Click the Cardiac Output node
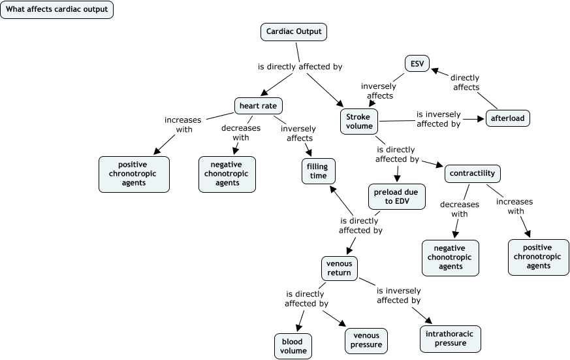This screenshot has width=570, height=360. (294, 31)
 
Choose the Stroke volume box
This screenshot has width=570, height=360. (359, 122)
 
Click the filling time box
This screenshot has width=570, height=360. (318, 171)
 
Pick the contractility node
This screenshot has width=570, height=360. (473, 174)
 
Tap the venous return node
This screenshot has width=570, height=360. (339, 268)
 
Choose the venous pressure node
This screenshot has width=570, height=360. (366, 340)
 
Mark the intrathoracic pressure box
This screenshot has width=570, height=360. (451, 338)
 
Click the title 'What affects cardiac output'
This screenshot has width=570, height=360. (57, 10)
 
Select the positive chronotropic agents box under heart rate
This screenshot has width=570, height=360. (134, 174)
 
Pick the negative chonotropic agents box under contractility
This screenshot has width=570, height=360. (451, 257)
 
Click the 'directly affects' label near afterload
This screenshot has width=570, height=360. (465, 82)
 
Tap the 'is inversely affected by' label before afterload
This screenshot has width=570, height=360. (438, 119)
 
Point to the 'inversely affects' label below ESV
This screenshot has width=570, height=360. (378, 91)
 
